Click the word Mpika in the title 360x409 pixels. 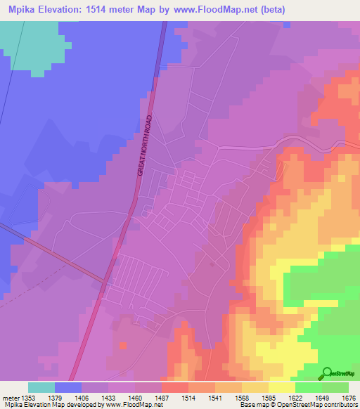point(23,9)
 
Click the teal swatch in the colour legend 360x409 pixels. point(41,387)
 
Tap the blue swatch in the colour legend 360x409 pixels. point(68,387)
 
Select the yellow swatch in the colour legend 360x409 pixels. point(281,387)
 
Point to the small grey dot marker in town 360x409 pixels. point(212,264)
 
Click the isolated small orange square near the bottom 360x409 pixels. point(124,346)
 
